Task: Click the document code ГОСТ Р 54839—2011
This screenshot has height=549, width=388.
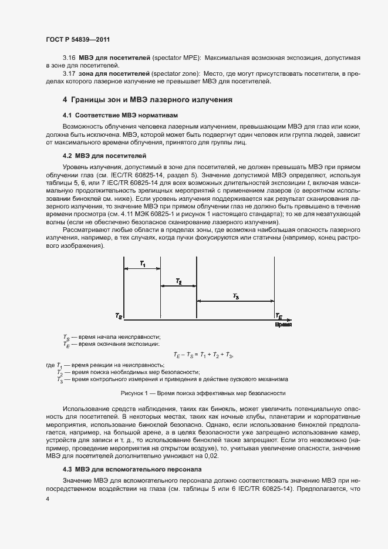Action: point(77,39)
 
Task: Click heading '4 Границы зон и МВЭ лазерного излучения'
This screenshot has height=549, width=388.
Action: point(147,100)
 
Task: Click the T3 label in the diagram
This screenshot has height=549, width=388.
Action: point(235,297)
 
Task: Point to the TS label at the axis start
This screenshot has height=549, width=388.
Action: point(119,316)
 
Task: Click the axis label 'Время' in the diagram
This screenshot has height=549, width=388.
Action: point(283,324)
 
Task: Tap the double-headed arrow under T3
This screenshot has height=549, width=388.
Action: point(235,302)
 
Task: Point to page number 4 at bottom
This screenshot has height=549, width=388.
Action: point(48,499)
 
